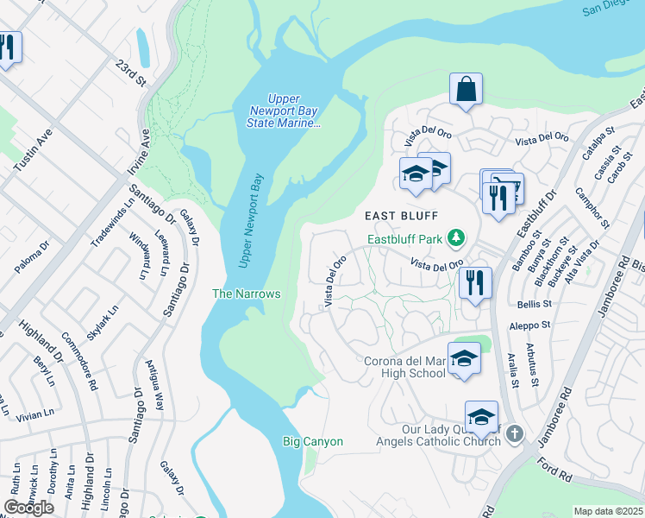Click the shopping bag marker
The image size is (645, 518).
point(466,89)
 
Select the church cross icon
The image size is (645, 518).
point(515,433)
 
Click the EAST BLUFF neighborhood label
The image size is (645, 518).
point(402,215)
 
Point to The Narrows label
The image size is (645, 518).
point(247,294)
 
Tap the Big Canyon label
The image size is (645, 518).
point(313,442)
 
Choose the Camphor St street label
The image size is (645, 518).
point(594,211)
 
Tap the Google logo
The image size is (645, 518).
point(29,508)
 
